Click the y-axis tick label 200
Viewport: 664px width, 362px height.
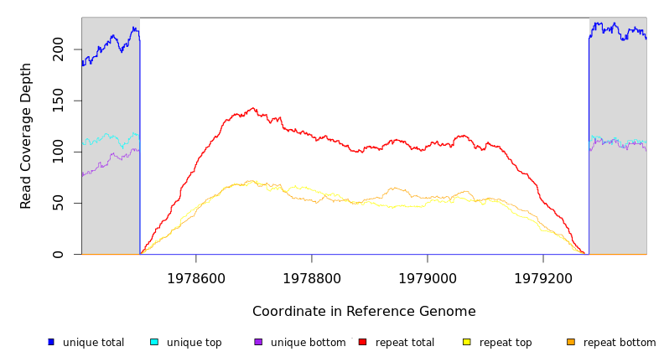(x=57, y=49)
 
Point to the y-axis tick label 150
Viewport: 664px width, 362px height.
(x=57, y=101)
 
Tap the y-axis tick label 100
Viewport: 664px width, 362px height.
(x=57, y=152)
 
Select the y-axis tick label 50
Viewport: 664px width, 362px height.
(x=57, y=203)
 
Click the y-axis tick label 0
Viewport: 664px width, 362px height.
(x=57, y=254)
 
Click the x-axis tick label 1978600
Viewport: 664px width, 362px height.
(x=196, y=278)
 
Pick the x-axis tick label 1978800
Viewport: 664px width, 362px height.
(x=312, y=278)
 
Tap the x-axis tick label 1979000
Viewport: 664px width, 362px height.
(x=428, y=278)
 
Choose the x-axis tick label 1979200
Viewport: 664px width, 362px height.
(x=543, y=278)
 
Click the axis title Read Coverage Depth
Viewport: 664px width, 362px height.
(x=26, y=136)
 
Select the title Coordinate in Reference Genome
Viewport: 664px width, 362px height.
(x=364, y=312)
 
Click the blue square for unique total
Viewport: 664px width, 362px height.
(x=51, y=342)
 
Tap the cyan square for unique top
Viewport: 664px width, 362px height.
(x=154, y=342)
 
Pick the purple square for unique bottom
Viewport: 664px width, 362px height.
(x=258, y=342)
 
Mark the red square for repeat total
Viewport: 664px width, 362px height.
(x=362, y=342)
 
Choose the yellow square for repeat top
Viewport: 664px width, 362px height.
(x=467, y=342)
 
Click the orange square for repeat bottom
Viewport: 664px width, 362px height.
(x=571, y=342)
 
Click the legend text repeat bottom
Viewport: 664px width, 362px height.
(x=620, y=343)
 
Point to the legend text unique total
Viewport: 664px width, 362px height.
(x=93, y=343)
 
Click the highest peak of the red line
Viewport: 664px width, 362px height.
(x=253, y=108)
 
